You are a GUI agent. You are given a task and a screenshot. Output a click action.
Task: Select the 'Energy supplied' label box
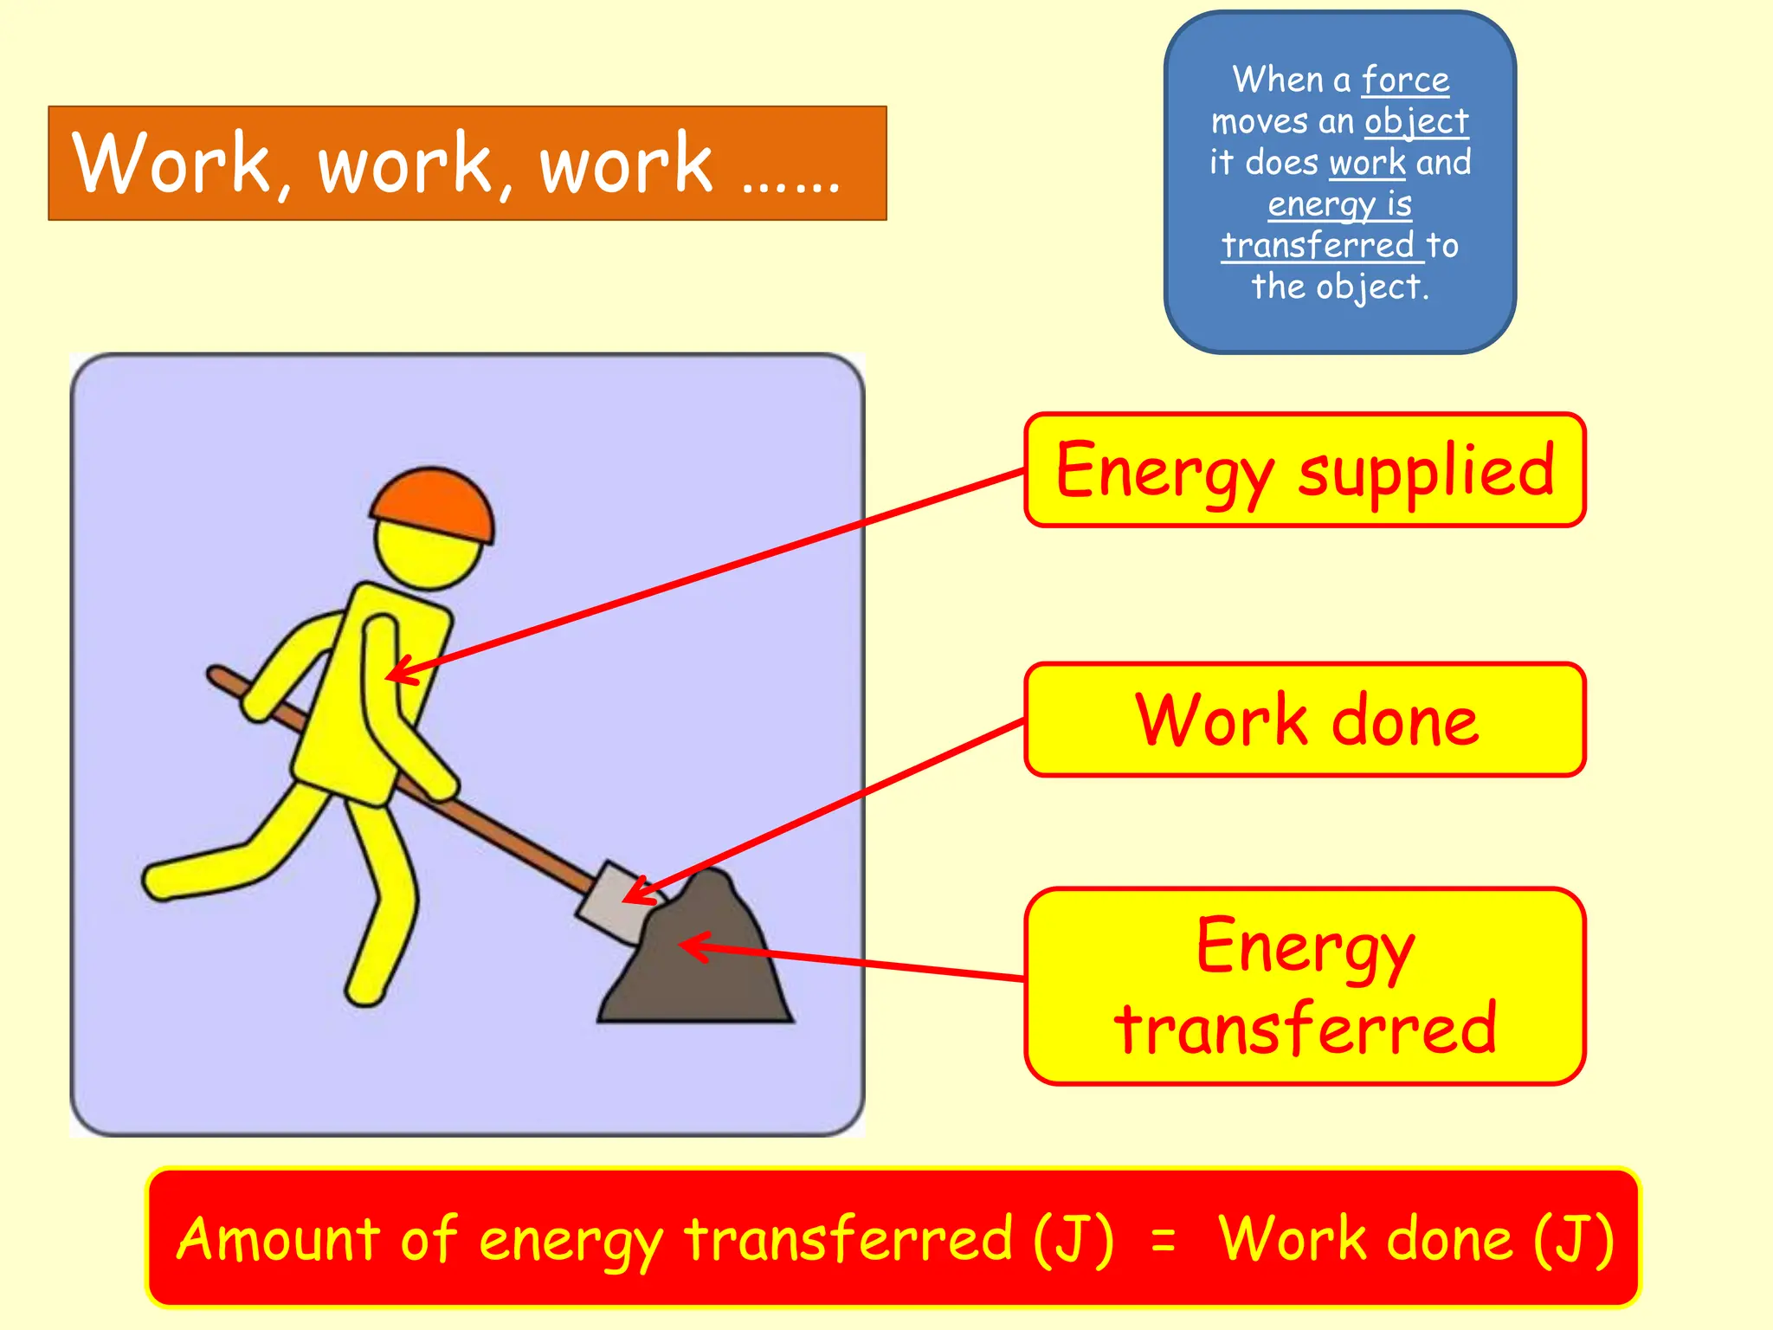[1305, 470]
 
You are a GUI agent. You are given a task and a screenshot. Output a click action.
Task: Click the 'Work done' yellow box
[1305, 720]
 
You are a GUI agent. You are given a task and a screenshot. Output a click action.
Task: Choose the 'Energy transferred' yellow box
[1305, 985]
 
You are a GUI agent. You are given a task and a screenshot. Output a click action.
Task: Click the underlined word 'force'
[1405, 80]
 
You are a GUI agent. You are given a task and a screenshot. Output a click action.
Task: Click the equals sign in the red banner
[1164, 1240]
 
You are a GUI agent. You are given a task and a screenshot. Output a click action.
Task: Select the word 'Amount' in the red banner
[278, 1238]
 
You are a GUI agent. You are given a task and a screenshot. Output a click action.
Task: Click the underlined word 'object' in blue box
[1416, 121]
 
